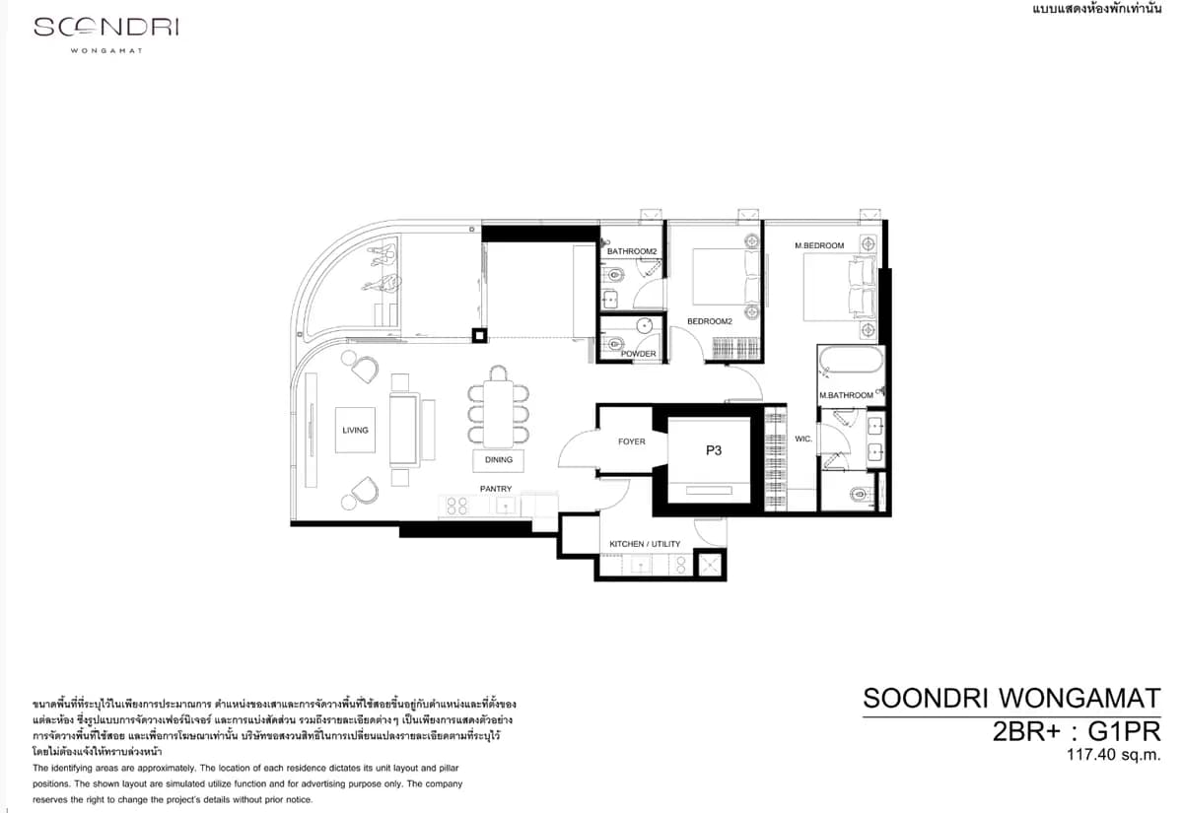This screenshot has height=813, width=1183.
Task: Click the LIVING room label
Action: [355, 431]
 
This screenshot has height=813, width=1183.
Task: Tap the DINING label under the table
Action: [499, 460]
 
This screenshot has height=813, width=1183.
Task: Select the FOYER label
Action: [632, 441]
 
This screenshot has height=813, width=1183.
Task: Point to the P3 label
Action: [714, 450]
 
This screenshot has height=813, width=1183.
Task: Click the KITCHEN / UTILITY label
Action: [645, 544]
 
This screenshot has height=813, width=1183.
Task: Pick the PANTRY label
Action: [496, 489]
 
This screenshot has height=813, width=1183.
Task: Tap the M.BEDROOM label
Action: [819, 245]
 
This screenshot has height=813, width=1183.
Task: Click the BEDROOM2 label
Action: [709, 321]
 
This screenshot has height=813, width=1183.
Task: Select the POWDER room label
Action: [639, 354]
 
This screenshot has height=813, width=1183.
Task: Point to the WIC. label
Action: [803, 439]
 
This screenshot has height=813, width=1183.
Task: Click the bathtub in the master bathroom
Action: [851, 360]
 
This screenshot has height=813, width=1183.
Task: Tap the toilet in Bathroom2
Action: [614, 275]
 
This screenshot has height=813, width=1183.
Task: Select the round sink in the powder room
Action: [645, 326]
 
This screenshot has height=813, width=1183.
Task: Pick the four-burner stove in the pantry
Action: [456, 506]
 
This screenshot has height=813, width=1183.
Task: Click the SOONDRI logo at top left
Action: [106, 27]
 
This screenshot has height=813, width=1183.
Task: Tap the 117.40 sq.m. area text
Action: [1113, 755]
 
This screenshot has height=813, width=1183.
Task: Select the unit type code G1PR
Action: [1125, 731]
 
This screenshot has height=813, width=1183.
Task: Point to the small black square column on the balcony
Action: [479, 336]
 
